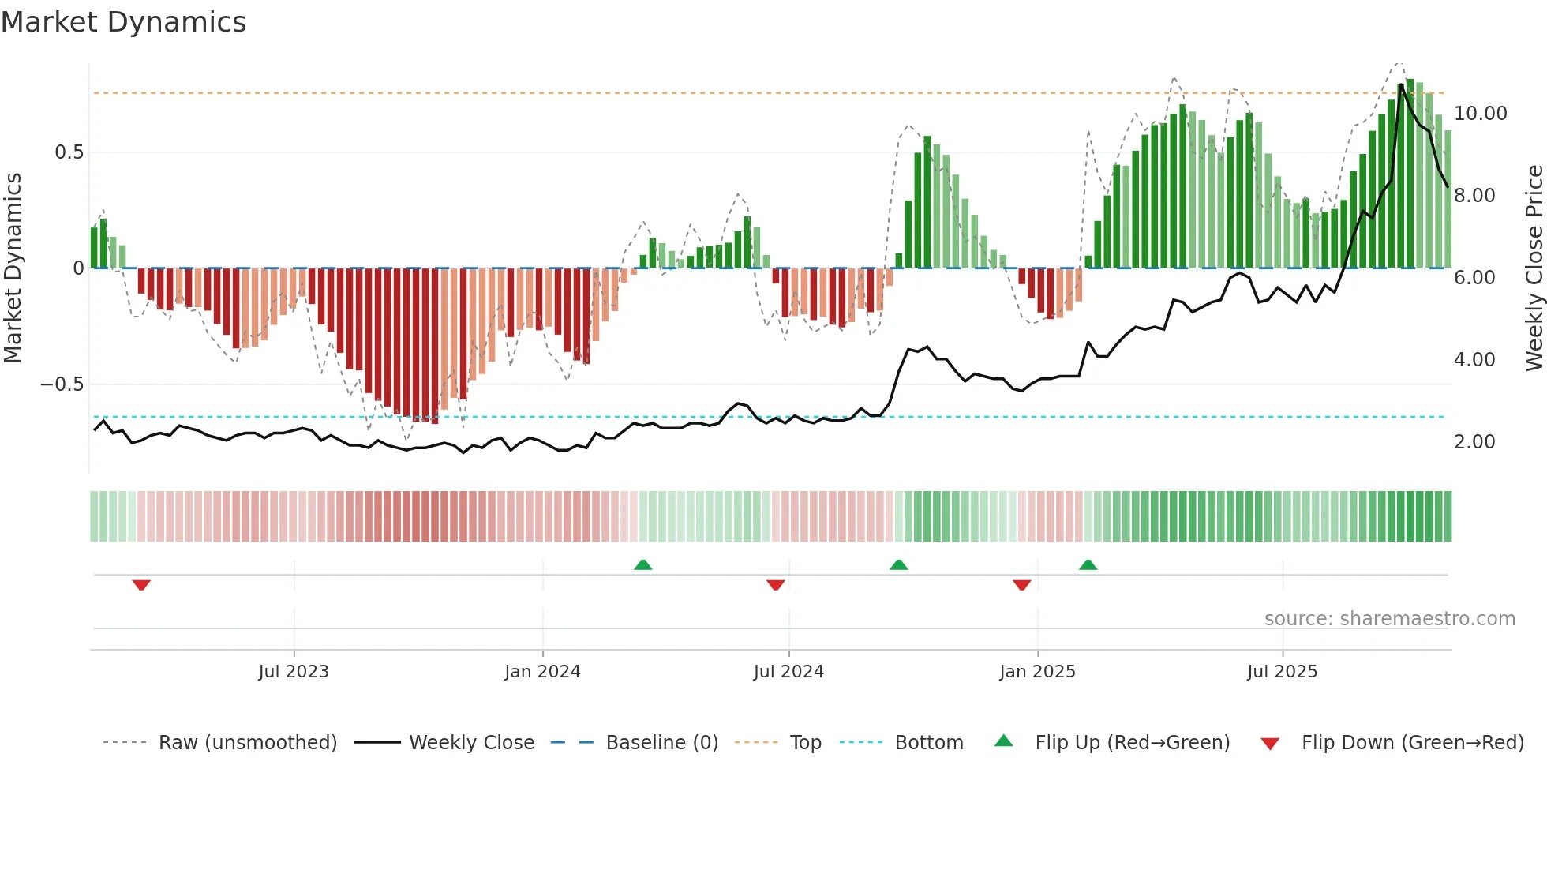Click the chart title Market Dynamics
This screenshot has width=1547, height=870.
[124, 22]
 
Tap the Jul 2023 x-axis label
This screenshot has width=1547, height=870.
[294, 671]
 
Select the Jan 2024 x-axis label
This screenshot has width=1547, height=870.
[542, 671]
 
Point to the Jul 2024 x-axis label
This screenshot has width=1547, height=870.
[788, 671]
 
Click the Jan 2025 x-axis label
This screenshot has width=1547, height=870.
[1037, 671]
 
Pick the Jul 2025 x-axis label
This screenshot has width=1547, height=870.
[1282, 671]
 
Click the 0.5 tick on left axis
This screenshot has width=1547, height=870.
[69, 152]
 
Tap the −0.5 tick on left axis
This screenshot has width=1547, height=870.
[62, 384]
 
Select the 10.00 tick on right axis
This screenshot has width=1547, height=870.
[1480, 114]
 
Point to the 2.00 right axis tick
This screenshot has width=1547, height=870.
[1474, 442]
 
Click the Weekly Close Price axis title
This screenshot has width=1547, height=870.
[1534, 268]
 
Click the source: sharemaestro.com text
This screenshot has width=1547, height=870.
[1389, 618]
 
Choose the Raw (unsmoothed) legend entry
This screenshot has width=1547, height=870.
[247, 742]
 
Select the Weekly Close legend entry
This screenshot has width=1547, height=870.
[471, 742]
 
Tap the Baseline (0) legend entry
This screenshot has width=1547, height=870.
[661, 742]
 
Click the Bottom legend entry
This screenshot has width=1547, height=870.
[928, 742]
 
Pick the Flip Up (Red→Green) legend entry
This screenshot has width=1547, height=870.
[1132, 742]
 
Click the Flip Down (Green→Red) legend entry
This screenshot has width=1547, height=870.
[1412, 742]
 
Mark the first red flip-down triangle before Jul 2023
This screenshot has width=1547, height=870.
[141, 585]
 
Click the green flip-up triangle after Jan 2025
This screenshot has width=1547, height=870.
[1088, 565]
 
